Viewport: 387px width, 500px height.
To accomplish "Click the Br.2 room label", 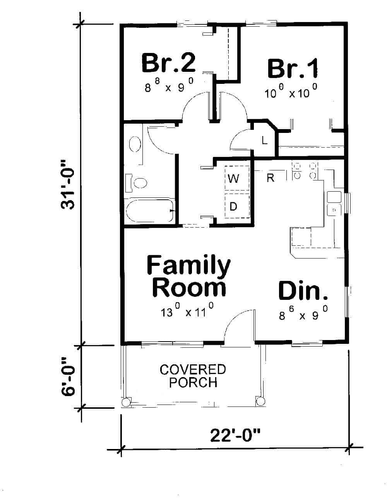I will click(168, 63).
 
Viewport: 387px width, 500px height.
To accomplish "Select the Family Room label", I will click(188, 276).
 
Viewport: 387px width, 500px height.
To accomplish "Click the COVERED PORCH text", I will click(193, 376).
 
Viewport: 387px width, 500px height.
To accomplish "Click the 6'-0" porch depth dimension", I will click(68, 376).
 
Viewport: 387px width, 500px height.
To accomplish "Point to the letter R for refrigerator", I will click(270, 178).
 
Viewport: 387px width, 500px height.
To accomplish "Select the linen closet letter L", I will click(265, 140).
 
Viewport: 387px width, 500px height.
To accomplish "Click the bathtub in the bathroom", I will click(149, 211).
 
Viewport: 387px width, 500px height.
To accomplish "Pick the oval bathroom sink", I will click(134, 145).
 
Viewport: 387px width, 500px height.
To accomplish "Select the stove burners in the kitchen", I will click(305, 171).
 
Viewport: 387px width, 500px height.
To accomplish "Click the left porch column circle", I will click(126, 402).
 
